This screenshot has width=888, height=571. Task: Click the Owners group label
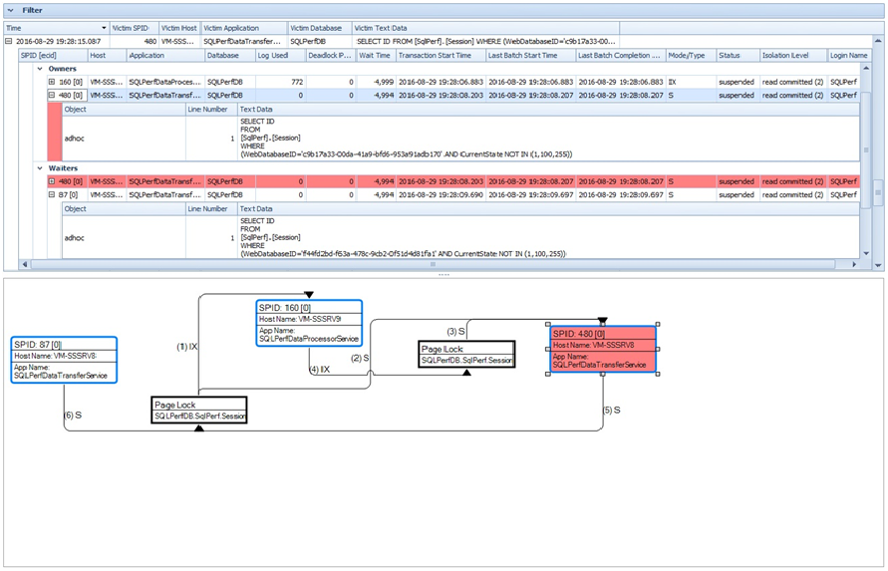pos(63,69)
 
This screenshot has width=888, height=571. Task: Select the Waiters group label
pos(63,168)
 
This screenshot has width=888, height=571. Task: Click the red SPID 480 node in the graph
pos(602,350)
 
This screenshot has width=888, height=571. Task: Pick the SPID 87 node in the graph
pos(65,361)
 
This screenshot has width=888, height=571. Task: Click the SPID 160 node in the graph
pos(309,323)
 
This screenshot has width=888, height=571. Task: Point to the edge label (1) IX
pos(185,346)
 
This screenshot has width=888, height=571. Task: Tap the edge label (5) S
pos(612,410)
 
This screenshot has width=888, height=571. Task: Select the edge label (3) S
pos(456,331)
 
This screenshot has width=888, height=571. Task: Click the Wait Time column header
pos(375,56)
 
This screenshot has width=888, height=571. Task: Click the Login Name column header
pos(849,56)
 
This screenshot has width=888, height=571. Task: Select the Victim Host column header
pos(179,28)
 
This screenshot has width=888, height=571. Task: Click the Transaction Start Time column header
pos(435,56)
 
